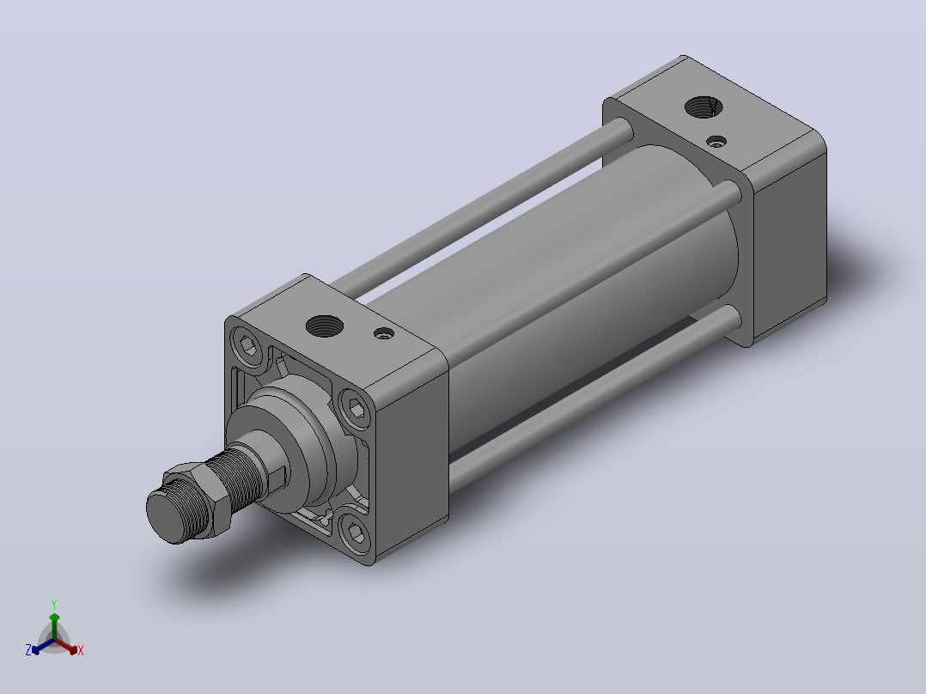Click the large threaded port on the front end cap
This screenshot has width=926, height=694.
324,326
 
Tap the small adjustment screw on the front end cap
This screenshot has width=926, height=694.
384,334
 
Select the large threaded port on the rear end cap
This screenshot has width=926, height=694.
704,107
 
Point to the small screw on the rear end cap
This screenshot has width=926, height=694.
717,142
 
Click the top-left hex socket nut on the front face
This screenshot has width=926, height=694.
248,345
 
